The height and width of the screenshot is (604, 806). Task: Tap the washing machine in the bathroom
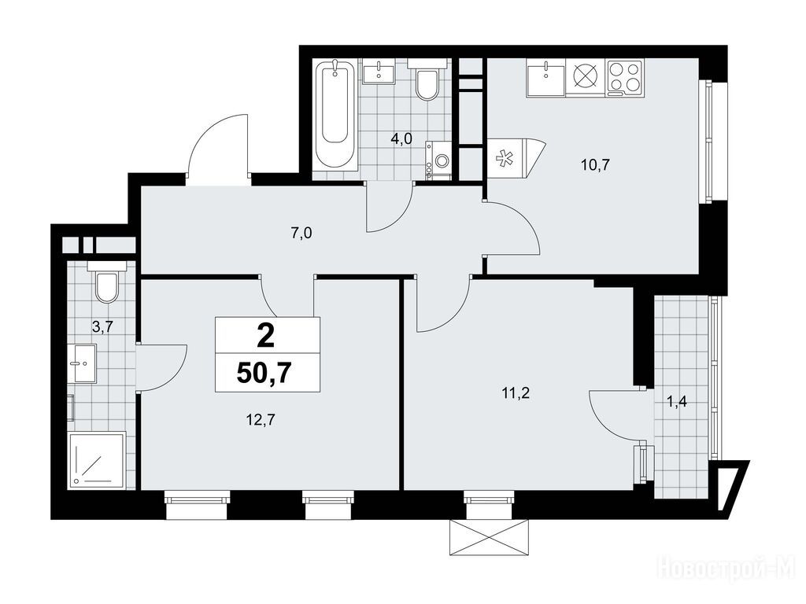(x=438, y=160)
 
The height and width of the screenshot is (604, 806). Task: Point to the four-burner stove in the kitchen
(x=624, y=78)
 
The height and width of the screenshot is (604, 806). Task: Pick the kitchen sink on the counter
(x=545, y=78)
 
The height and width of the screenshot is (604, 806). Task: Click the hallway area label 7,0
(x=301, y=234)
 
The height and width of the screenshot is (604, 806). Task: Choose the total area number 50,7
(x=268, y=374)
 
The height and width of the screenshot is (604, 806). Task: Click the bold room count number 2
(x=266, y=337)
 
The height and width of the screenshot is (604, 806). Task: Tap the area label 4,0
(x=401, y=139)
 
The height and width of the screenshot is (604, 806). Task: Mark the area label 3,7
(x=102, y=326)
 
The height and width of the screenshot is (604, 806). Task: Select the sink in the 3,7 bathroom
(x=82, y=363)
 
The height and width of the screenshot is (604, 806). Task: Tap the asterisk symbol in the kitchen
(x=504, y=159)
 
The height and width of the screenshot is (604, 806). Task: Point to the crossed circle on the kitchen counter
(x=586, y=78)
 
